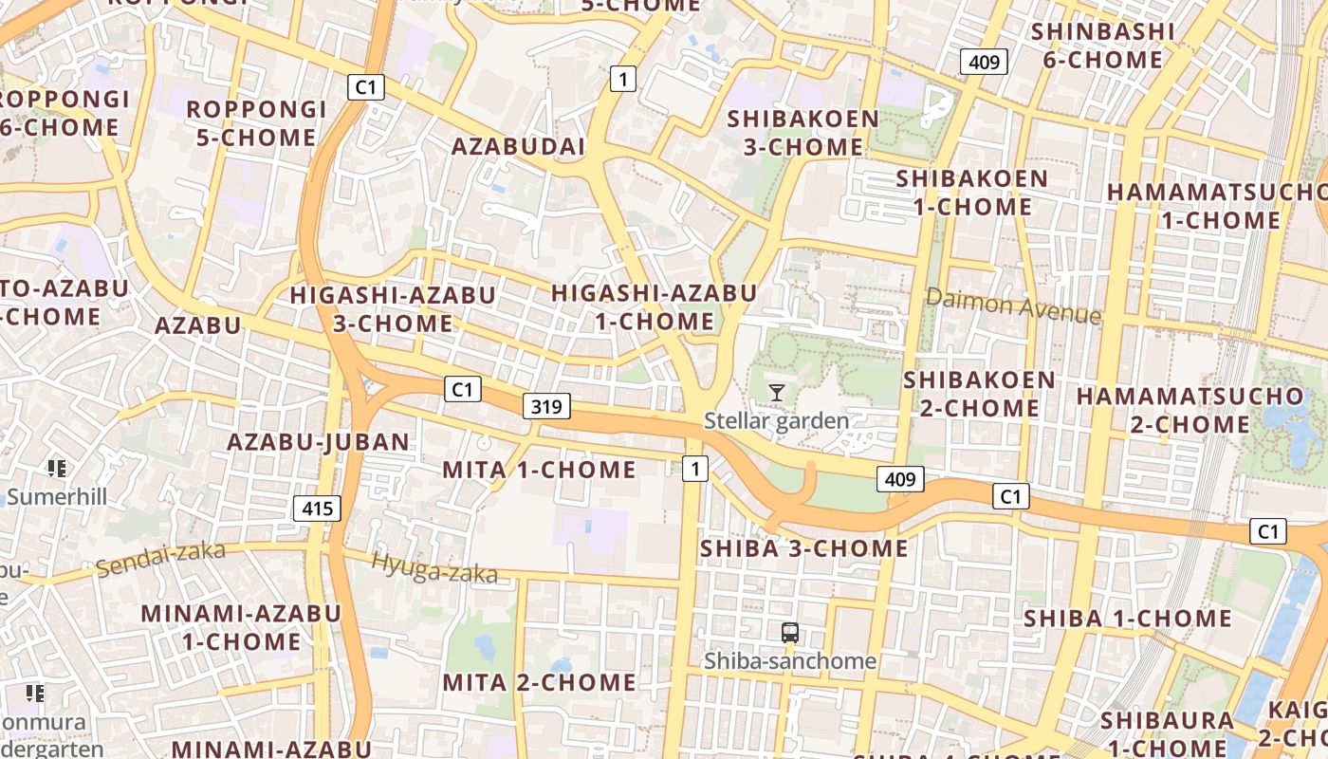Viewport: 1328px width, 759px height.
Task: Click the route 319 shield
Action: click(x=546, y=407)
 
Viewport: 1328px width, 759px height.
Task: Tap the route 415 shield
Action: click(x=317, y=509)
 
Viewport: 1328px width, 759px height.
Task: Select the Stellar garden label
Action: click(x=776, y=419)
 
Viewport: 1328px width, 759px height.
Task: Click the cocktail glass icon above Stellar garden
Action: click(x=777, y=392)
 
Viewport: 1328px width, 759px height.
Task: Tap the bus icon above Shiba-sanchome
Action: click(x=789, y=633)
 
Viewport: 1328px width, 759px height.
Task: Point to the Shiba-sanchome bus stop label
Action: click(x=789, y=660)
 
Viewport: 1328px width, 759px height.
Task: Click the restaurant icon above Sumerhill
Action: click(x=56, y=469)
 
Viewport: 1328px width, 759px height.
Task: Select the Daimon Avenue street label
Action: click(x=1013, y=305)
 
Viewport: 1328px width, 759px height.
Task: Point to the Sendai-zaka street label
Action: click(x=160, y=559)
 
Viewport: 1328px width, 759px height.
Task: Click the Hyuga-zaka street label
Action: click(x=433, y=567)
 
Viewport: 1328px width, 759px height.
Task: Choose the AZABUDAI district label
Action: click(x=518, y=147)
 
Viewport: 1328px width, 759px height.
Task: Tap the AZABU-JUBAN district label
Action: click(x=318, y=441)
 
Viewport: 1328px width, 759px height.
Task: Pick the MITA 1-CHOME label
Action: click(x=539, y=470)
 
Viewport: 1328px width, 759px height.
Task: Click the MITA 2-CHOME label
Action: click(x=539, y=682)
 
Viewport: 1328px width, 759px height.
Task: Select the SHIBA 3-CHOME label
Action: click(x=803, y=548)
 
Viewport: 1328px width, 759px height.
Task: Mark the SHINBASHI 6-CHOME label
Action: click(x=1102, y=46)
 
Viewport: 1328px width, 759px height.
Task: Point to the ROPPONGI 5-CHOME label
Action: click(x=256, y=123)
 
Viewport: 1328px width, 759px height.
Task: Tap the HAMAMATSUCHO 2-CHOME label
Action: click(x=1190, y=410)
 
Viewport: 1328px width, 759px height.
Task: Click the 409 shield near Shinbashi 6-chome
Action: click(x=984, y=63)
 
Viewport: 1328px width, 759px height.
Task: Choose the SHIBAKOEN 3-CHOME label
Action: click(x=802, y=133)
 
